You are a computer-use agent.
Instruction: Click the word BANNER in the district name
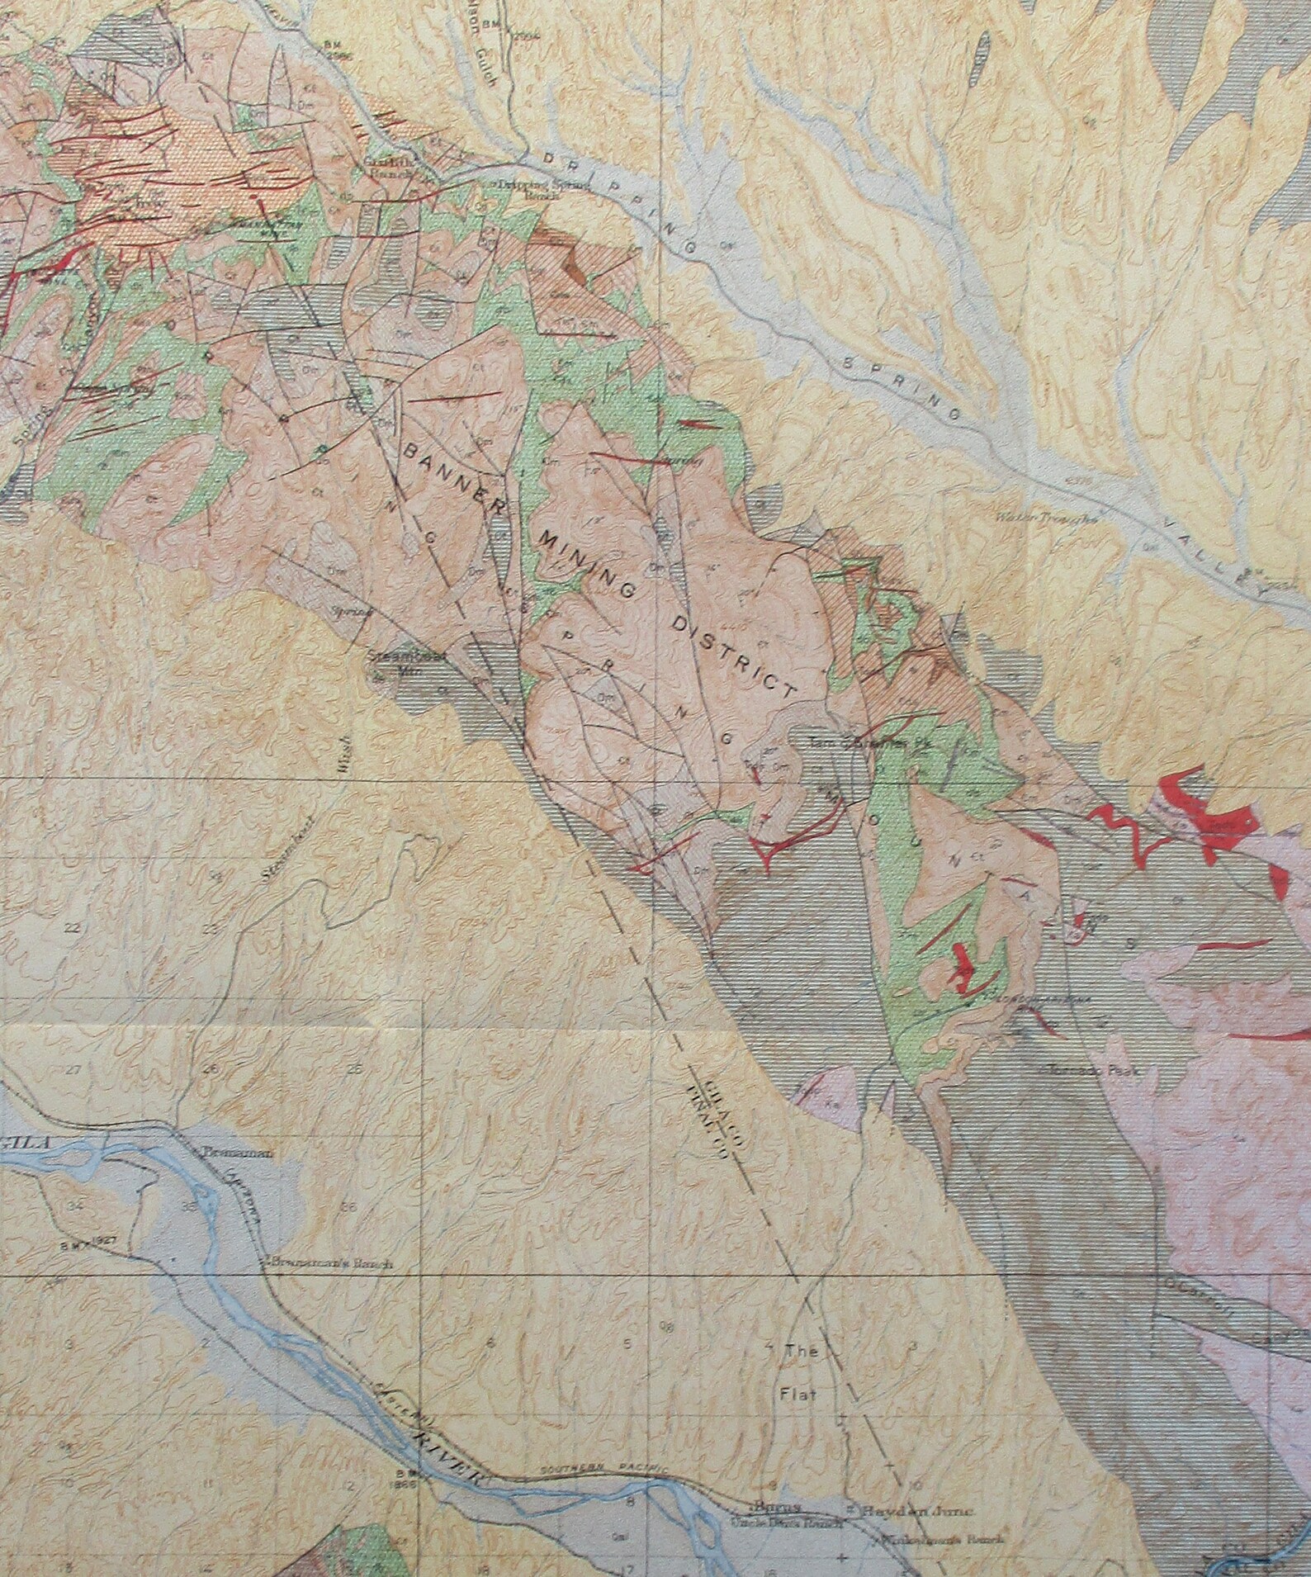[x=451, y=477]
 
